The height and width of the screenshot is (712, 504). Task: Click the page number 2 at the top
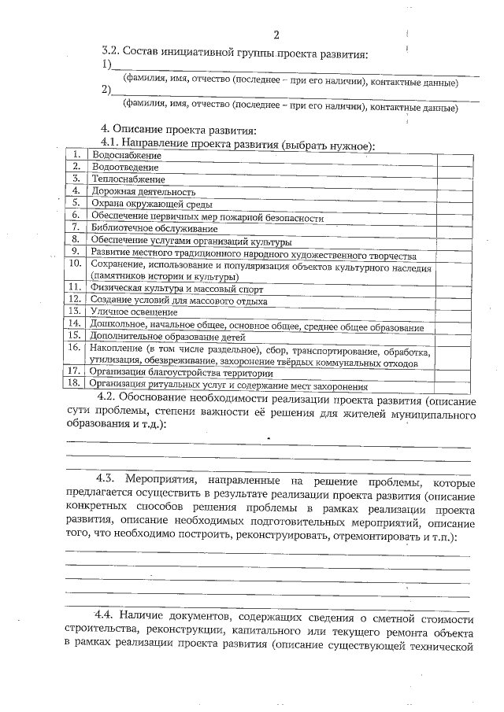click(276, 35)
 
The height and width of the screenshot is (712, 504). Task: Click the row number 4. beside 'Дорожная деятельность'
click(76, 190)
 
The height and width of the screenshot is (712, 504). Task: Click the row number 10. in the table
click(76, 263)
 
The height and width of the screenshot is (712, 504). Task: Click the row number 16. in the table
click(76, 347)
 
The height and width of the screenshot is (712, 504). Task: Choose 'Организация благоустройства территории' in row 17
click(181, 373)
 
